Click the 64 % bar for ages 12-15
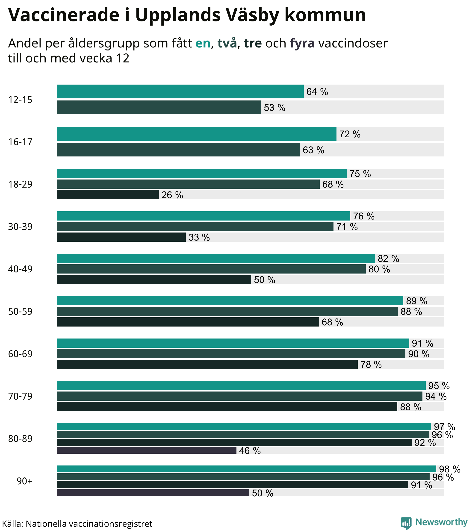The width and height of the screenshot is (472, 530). click(x=180, y=91)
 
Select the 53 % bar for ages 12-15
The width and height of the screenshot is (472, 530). click(x=159, y=107)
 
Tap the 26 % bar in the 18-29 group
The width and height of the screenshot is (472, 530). click(x=108, y=195)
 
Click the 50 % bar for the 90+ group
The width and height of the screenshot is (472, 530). click(x=153, y=493)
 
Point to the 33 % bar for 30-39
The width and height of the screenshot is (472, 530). click(x=121, y=237)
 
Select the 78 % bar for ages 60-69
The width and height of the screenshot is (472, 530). click(x=207, y=364)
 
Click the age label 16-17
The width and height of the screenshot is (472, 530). click(x=20, y=142)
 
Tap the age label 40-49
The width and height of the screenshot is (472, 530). click(x=20, y=269)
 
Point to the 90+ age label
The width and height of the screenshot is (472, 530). click(x=25, y=481)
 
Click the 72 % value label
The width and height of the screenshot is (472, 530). click(x=350, y=134)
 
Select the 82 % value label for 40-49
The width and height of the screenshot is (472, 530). click(x=388, y=259)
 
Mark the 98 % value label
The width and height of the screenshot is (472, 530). click(x=449, y=469)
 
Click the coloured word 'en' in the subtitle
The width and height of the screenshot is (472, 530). click(x=203, y=43)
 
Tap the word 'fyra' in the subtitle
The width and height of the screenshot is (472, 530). click(x=302, y=43)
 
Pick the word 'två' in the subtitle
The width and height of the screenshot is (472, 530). click(x=227, y=43)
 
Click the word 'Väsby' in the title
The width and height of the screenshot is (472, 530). click(x=251, y=15)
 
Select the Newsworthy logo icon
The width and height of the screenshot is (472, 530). click(x=406, y=523)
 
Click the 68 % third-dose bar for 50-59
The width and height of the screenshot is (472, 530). click(x=188, y=322)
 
